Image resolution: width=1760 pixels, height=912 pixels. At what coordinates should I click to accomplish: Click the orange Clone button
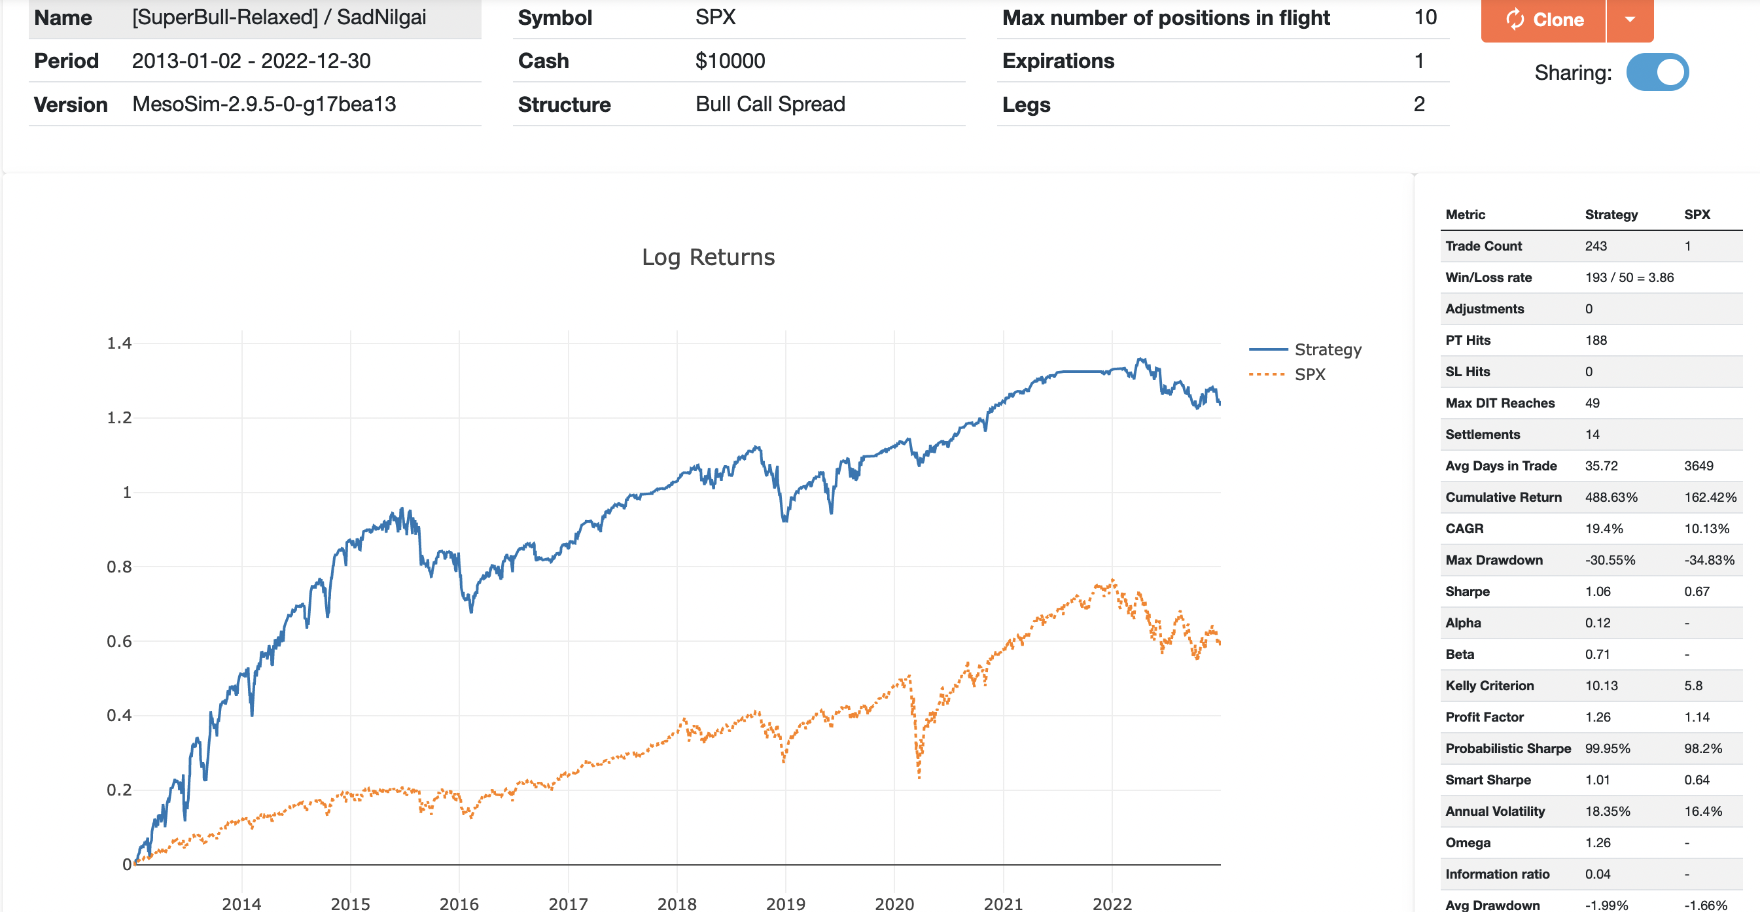tap(1543, 19)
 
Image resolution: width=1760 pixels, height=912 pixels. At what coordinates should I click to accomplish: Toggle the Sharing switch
tap(1657, 73)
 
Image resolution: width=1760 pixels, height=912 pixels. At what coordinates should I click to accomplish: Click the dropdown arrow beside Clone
tap(1630, 19)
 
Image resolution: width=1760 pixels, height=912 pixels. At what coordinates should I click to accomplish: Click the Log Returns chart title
tap(708, 257)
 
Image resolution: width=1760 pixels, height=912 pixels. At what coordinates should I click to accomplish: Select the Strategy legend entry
tap(1327, 350)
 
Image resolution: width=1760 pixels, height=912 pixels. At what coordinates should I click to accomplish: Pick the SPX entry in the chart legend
tap(1309, 374)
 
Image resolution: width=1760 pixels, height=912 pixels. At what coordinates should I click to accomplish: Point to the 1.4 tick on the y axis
tap(119, 343)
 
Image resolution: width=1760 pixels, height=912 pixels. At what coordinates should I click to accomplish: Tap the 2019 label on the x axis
tap(785, 903)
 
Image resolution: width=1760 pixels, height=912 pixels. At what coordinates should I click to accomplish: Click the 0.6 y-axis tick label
tap(119, 640)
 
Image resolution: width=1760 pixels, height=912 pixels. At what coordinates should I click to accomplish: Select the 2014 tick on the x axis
tap(241, 903)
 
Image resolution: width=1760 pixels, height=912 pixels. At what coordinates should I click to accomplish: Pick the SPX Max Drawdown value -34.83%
tap(1709, 560)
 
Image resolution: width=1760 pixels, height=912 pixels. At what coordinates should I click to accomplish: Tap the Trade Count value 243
tap(1595, 246)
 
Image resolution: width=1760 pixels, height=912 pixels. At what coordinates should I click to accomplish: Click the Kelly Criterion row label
tap(1488, 686)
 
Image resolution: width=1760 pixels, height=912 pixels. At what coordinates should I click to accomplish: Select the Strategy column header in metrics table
tap(1610, 215)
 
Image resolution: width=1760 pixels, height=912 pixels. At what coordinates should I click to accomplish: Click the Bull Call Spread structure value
tap(770, 105)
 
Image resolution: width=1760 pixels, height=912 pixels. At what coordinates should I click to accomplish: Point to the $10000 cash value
tap(730, 61)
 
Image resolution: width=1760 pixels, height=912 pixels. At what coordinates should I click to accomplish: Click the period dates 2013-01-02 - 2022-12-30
tap(251, 61)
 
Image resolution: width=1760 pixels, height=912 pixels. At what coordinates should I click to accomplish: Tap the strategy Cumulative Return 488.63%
tap(1610, 497)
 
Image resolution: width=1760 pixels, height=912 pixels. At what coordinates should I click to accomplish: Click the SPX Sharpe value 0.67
tap(1697, 591)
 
